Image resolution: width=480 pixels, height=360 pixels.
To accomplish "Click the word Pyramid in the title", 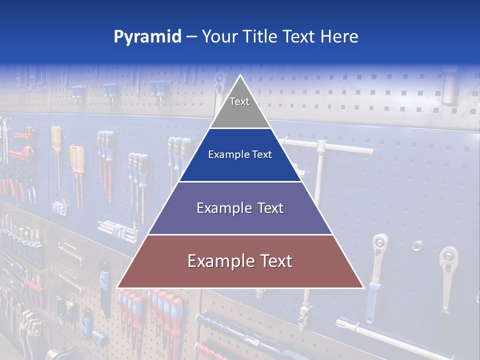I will pos(147,37).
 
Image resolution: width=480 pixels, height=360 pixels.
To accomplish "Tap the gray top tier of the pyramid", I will pos(240,110).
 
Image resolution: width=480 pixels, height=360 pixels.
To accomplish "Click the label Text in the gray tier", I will pos(239,101).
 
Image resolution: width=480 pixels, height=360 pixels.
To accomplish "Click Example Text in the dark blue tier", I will pos(240,154).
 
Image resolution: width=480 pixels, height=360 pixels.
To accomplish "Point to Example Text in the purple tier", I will pos(240,208).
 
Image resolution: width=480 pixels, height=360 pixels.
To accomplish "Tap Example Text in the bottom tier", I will pos(240,261).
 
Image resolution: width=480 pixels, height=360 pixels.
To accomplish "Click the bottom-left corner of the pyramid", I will pos(118,287).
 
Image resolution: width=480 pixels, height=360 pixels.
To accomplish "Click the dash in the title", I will pos(191,37).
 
